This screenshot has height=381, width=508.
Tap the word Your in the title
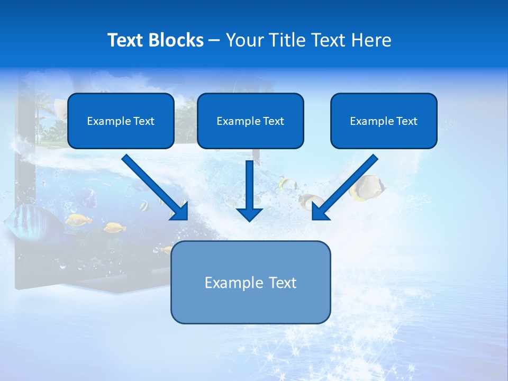click(244, 40)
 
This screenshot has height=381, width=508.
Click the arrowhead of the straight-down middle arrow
click(249, 214)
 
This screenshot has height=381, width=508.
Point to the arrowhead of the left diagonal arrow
click(180, 212)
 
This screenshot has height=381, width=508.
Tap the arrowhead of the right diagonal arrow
click(319, 212)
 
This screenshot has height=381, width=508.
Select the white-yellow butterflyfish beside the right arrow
click(367, 188)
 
